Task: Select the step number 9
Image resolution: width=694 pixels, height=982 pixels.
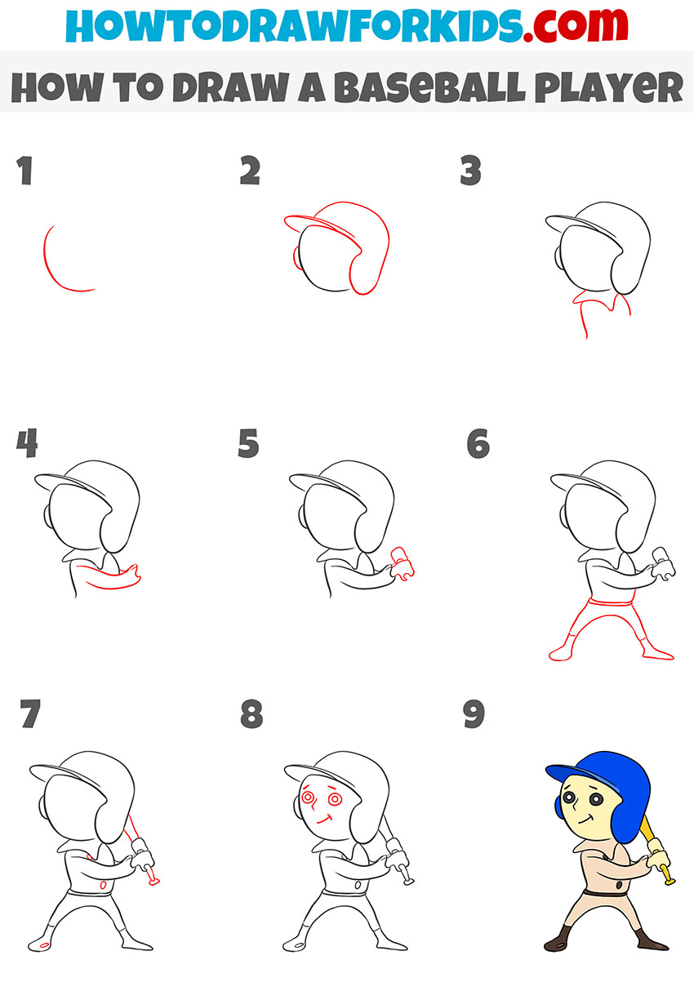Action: click(x=474, y=715)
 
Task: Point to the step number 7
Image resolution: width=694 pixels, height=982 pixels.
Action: click(x=29, y=715)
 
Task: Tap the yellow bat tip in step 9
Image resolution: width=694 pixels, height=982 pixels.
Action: click(x=668, y=880)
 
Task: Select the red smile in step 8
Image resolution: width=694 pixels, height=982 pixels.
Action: click(x=324, y=819)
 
